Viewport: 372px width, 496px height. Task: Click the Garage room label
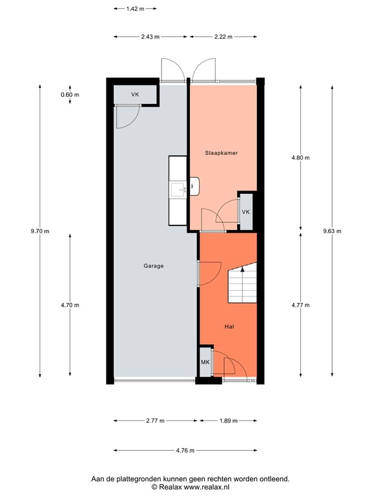154,265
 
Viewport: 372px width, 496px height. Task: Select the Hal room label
229,327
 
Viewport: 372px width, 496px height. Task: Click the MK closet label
205,363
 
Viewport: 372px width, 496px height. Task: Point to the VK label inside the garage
135,95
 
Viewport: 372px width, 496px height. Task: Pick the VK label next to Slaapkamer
246,212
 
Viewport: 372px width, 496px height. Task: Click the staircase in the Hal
242,287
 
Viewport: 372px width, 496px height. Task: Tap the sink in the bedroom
180,189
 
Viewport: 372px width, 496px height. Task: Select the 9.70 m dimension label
39,231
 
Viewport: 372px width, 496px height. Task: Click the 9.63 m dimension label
331,231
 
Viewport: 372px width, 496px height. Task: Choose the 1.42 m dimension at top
134,9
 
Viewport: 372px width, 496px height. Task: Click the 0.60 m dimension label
70,95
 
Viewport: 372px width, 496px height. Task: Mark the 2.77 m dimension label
155,420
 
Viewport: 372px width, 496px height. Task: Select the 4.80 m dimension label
301,158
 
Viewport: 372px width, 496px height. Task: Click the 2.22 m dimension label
223,37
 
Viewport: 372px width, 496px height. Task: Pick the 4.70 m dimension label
70,305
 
